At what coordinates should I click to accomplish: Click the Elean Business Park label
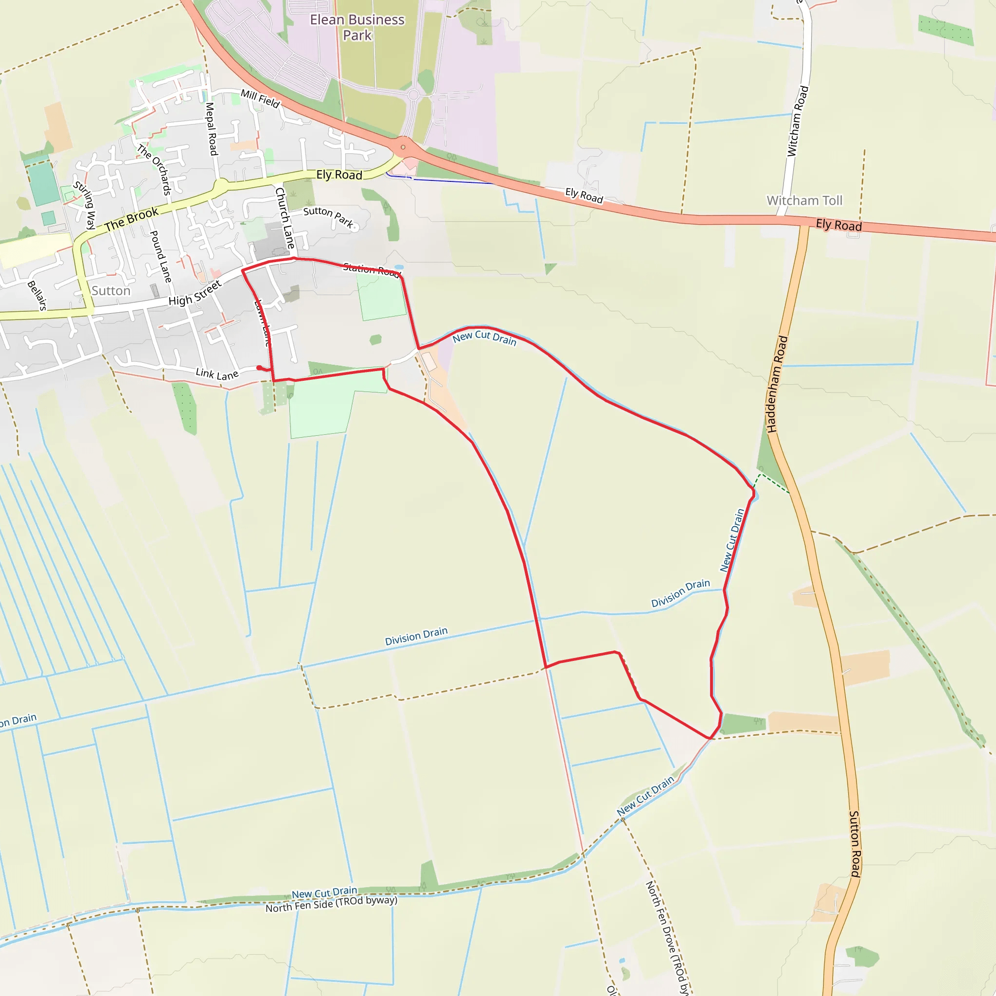tap(357, 27)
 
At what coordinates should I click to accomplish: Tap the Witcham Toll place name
tap(804, 200)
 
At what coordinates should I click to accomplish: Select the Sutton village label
tap(111, 291)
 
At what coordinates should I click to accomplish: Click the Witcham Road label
tap(798, 121)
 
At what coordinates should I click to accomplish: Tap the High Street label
tap(195, 293)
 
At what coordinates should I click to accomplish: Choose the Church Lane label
tap(285, 217)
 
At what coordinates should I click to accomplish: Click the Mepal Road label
tap(212, 129)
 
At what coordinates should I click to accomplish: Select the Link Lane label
tap(217, 374)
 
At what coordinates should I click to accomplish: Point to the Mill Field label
tap(260, 98)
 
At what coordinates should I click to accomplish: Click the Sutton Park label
tap(328, 216)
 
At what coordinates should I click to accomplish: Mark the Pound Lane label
tap(160, 256)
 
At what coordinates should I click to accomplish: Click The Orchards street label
tap(154, 170)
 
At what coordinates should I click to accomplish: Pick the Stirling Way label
tap(84, 205)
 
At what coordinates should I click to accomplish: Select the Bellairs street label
tap(37, 295)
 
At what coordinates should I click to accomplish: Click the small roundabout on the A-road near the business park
tap(403, 147)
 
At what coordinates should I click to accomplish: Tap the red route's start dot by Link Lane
tap(259, 368)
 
